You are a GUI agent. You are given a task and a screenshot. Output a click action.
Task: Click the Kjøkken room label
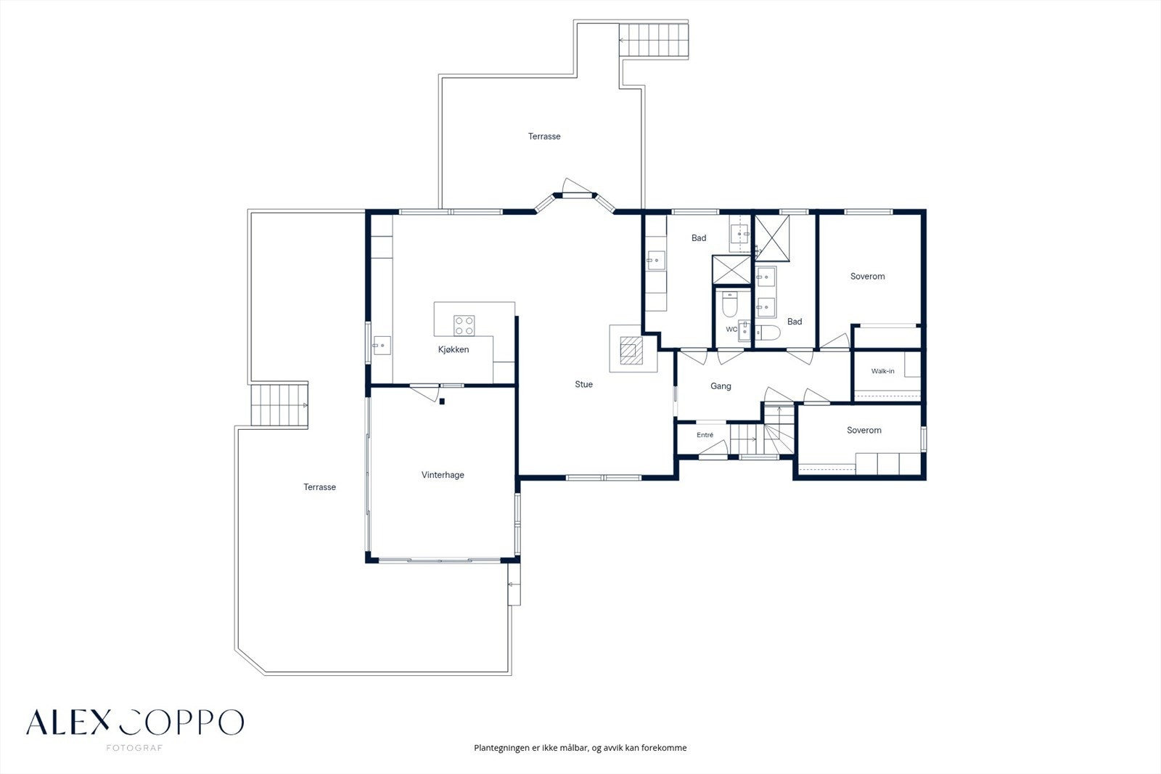(x=454, y=350)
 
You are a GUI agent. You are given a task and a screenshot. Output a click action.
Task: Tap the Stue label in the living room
(x=583, y=384)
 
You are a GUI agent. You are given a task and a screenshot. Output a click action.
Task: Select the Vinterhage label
(x=443, y=475)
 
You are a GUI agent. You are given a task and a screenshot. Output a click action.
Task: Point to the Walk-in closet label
(x=882, y=371)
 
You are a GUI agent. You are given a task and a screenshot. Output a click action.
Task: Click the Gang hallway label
(x=721, y=386)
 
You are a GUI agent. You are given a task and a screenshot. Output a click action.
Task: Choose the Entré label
(x=705, y=435)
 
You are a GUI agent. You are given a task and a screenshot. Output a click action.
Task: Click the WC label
(x=731, y=329)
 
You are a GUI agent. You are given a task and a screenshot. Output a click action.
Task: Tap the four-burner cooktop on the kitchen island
(x=464, y=326)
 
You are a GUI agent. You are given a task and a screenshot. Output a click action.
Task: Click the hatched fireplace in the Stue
(x=631, y=351)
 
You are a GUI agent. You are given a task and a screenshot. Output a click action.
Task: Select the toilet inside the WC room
(x=730, y=304)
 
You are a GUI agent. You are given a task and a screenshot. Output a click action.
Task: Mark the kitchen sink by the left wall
(x=382, y=346)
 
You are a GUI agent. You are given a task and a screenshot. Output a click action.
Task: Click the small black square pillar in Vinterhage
(x=442, y=402)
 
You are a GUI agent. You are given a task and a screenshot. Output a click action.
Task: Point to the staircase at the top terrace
(x=654, y=40)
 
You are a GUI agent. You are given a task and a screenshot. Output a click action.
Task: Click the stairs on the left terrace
(x=279, y=405)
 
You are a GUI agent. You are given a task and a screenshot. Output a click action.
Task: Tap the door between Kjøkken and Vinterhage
(x=425, y=392)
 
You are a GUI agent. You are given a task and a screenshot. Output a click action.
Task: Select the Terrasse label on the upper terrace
(x=544, y=137)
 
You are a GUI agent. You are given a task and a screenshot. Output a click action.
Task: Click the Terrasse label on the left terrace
(x=320, y=487)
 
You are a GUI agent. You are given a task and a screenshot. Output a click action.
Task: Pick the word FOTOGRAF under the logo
(x=134, y=748)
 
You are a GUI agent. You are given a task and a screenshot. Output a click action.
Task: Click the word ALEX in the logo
(x=68, y=722)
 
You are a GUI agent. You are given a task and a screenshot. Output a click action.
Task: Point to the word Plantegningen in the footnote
(x=501, y=748)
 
